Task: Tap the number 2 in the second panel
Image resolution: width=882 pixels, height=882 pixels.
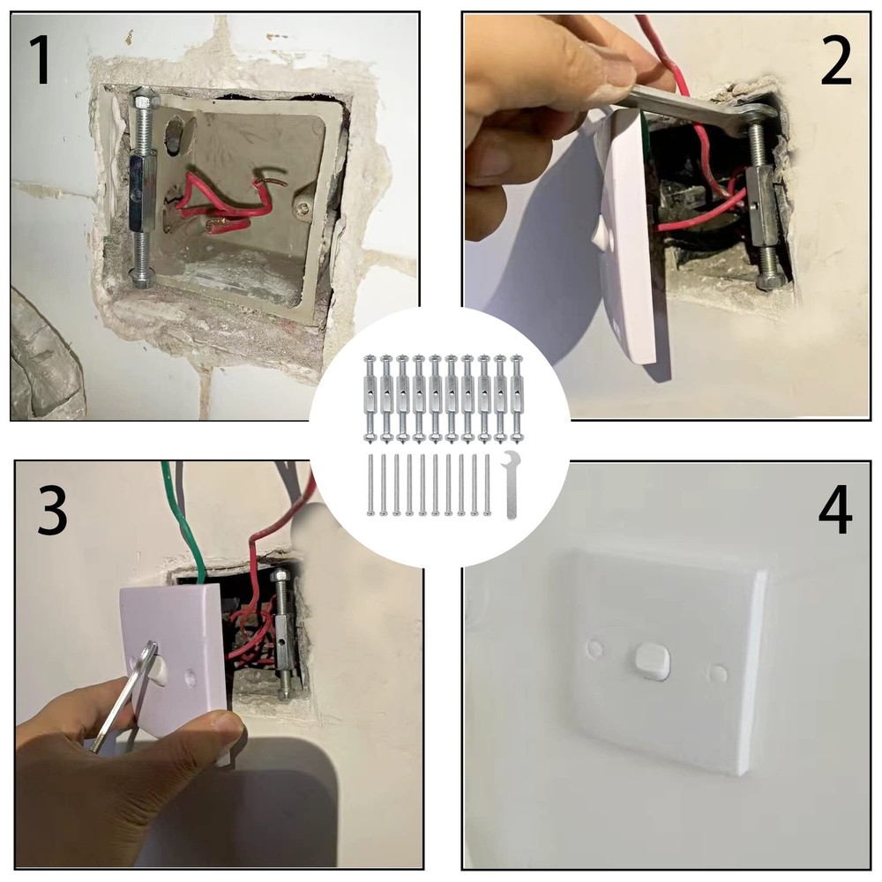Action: [x=836, y=61]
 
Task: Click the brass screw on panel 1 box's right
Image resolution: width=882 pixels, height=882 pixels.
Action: [x=303, y=209]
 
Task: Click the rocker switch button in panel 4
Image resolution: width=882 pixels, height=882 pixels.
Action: [x=652, y=661]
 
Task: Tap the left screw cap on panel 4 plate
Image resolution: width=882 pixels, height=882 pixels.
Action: [x=595, y=648]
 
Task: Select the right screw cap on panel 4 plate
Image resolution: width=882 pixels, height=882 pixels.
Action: [x=719, y=674]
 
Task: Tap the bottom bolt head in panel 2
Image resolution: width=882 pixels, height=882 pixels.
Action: [x=771, y=280]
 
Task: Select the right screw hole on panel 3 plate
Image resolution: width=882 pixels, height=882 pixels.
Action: [x=191, y=680]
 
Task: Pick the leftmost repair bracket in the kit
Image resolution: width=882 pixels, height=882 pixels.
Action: [x=370, y=397]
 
